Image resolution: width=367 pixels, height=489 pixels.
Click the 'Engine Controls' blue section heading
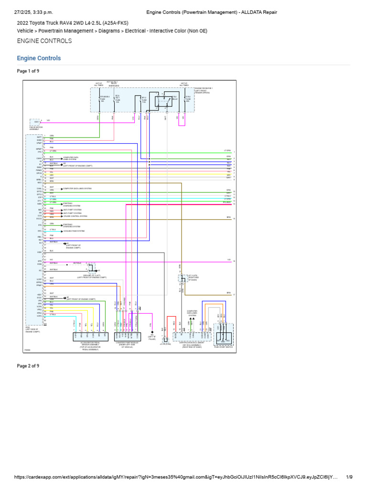[39, 58]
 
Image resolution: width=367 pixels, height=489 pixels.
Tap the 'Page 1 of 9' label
[28, 71]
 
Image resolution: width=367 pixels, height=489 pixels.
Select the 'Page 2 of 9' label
[28, 366]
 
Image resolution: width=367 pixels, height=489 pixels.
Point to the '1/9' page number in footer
[349, 477]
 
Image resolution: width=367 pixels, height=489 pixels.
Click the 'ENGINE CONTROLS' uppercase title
[44, 41]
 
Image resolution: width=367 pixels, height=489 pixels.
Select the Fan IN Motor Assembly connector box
[35, 122]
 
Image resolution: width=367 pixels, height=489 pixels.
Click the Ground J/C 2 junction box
[91, 270]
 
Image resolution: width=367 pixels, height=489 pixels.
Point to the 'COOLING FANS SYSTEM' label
[74, 231]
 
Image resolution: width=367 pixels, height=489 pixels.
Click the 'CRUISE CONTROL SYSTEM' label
[75, 216]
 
